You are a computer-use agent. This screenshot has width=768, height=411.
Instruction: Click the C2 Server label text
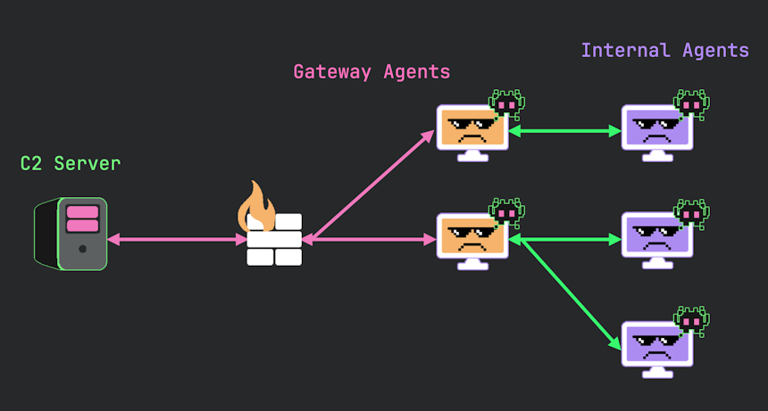[70, 163]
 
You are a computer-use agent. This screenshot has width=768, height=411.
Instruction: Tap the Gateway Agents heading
[371, 71]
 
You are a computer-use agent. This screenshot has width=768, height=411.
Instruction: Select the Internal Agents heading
[664, 50]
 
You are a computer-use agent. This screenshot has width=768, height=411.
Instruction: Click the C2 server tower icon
[71, 234]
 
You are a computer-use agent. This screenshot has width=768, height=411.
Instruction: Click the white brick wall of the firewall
[274, 240]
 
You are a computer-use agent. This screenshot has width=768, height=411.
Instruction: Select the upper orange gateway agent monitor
[471, 130]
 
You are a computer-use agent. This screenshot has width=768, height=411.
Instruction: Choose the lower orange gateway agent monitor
[471, 238]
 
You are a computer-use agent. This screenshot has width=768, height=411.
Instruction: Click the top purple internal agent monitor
[656, 130]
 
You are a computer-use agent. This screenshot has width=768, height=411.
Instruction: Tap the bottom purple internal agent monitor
[656, 346]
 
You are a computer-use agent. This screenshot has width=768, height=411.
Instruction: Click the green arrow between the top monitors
[565, 131]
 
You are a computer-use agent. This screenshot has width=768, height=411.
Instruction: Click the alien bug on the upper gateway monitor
[506, 104]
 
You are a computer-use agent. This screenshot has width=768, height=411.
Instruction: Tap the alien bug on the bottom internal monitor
[691, 320]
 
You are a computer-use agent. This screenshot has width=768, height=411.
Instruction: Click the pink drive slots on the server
[82, 218]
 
